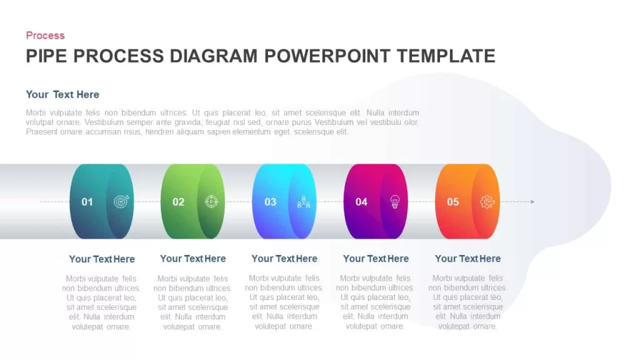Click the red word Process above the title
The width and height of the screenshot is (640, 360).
click(x=45, y=36)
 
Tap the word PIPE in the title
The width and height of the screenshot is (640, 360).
click(x=46, y=56)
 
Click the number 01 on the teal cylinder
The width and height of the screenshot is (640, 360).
click(x=87, y=202)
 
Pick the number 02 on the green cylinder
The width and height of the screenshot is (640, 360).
click(x=178, y=202)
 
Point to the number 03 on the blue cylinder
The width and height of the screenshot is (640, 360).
click(x=270, y=202)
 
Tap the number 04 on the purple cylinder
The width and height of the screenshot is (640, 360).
click(x=361, y=202)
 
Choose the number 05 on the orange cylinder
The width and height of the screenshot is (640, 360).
click(x=452, y=202)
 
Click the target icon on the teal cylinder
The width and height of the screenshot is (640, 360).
click(x=121, y=201)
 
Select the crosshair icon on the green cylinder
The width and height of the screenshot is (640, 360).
click(x=211, y=201)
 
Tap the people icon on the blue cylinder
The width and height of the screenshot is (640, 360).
click(x=304, y=201)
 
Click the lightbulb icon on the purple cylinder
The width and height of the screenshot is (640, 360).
click(x=395, y=202)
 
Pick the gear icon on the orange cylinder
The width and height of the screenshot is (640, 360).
click(x=487, y=202)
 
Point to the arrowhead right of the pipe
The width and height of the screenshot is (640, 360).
click(x=532, y=202)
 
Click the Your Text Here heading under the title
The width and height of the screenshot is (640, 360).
click(x=62, y=95)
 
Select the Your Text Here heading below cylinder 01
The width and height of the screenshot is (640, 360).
click(x=102, y=259)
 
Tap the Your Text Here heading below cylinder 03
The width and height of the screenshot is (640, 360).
click(x=284, y=259)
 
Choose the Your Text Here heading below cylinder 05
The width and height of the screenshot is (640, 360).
click(x=467, y=259)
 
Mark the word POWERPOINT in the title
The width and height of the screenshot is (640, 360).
click(x=327, y=56)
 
